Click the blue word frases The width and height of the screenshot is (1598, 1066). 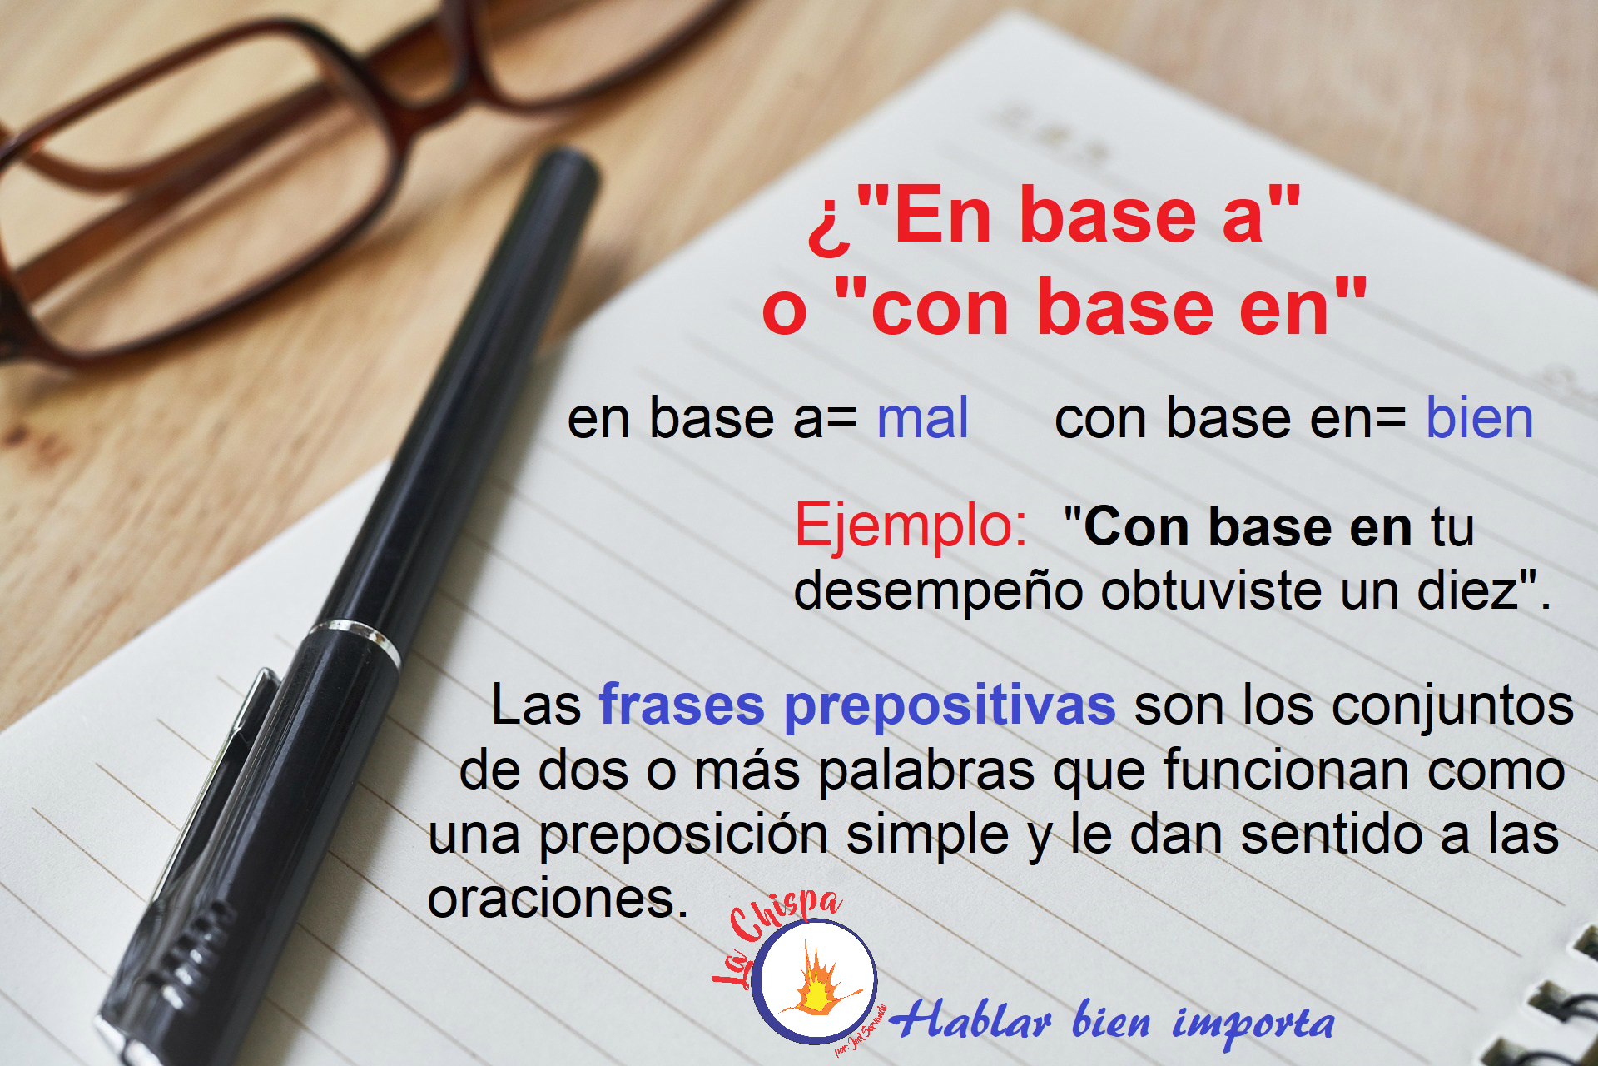tap(682, 705)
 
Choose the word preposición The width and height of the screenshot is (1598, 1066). tap(683, 836)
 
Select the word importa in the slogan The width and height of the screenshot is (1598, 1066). tap(1253, 1024)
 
